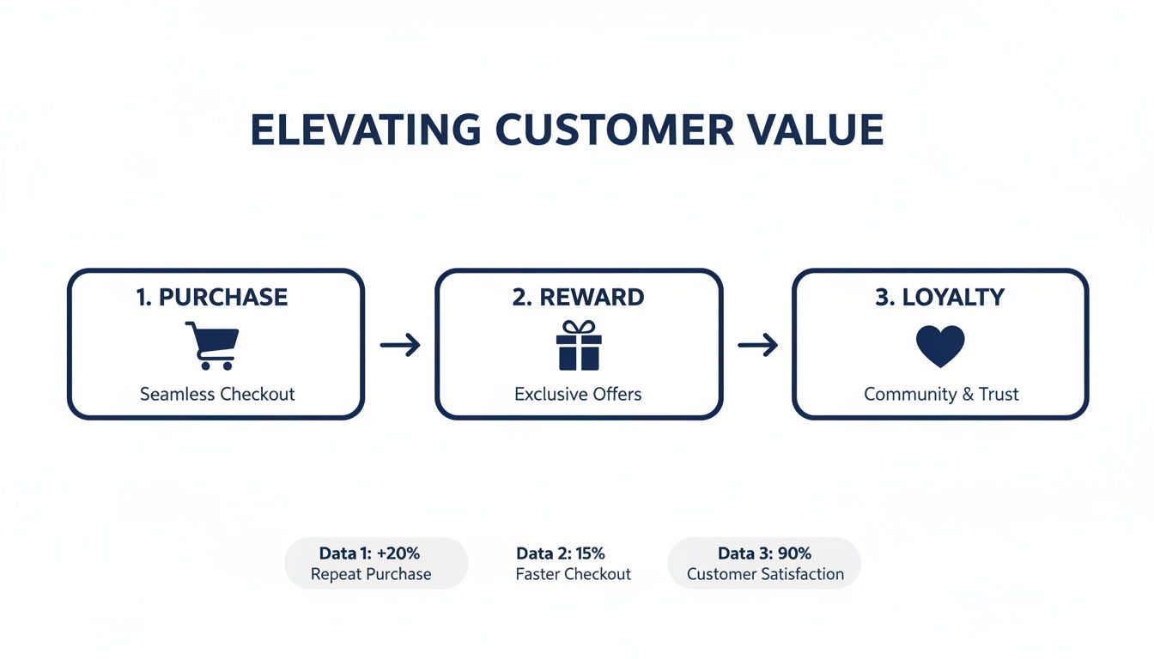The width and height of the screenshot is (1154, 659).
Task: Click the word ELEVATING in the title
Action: point(365,130)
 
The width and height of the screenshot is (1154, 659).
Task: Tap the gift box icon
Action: point(579,346)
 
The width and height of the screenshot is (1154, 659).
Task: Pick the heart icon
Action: point(940,347)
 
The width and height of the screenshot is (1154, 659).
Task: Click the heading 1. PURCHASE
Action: point(212,298)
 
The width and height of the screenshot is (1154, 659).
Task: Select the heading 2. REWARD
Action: point(578,298)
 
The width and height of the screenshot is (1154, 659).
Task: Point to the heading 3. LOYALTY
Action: point(939,298)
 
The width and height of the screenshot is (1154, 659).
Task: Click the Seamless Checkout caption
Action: point(217,394)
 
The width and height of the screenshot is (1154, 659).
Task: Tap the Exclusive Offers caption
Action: point(578,394)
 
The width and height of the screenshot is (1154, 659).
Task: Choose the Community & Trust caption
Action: point(941,394)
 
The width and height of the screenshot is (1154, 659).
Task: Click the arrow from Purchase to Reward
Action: point(400,346)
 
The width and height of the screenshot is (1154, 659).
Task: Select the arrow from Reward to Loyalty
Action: point(757,346)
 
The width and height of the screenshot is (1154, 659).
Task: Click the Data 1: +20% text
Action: point(369,553)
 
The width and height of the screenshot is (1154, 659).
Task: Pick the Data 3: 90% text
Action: point(764,553)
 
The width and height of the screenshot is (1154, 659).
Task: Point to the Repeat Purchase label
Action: point(371,574)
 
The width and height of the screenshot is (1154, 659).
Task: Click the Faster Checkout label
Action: point(573,574)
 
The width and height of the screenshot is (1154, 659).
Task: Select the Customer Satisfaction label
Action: point(765,574)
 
